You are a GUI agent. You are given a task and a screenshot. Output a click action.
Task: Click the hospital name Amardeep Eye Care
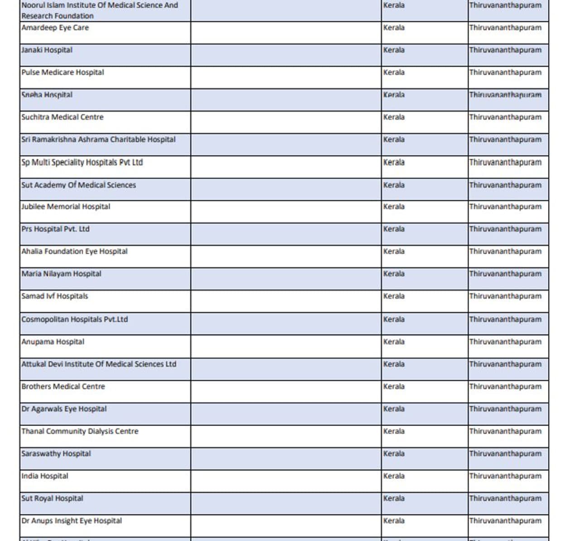click(x=55, y=28)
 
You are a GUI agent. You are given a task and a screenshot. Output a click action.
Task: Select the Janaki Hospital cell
click(x=47, y=50)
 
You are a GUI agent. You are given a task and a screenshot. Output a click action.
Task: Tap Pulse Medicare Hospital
click(x=63, y=72)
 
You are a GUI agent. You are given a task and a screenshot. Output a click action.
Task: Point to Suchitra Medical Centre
click(x=62, y=117)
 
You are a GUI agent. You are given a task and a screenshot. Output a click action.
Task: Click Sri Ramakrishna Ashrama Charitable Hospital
click(x=98, y=140)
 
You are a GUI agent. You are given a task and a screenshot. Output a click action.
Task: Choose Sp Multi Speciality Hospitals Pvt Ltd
click(x=82, y=162)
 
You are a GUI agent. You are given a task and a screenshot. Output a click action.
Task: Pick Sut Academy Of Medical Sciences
click(x=78, y=185)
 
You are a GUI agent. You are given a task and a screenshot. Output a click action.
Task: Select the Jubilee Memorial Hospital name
click(x=66, y=207)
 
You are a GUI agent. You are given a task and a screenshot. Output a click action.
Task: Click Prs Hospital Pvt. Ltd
click(x=55, y=229)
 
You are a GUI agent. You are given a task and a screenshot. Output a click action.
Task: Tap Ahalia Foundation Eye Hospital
click(x=74, y=251)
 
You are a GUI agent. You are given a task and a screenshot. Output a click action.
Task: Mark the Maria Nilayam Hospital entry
click(x=61, y=274)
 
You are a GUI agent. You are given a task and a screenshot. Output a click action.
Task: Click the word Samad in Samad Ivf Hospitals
click(x=33, y=296)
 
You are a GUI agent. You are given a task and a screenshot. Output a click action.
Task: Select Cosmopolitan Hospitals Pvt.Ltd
click(x=74, y=319)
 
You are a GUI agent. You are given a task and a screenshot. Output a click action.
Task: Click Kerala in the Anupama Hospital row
click(x=394, y=342)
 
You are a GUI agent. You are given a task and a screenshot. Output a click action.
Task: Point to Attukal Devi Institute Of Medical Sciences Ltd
click(x=99, y=364)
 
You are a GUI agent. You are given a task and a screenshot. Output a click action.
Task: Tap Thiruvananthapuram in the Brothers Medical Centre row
click(x=505, y=386)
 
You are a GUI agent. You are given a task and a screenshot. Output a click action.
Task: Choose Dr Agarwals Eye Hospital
click(x=64, y=409)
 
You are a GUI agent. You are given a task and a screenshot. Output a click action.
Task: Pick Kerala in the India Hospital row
click(x=394, y=476)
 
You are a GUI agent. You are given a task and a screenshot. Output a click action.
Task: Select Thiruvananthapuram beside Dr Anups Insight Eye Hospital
click(x=505, y=521)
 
